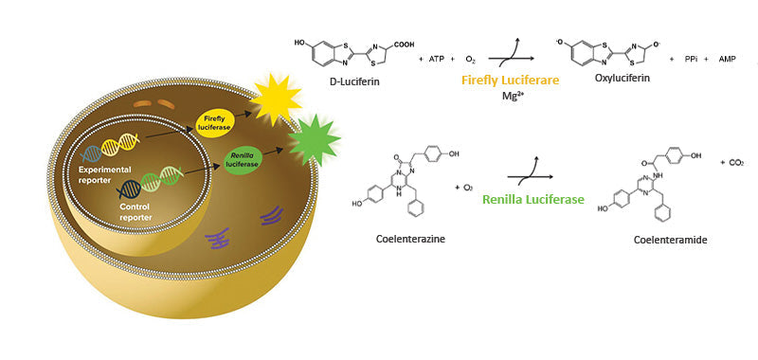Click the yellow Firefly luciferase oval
coord(215,121)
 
